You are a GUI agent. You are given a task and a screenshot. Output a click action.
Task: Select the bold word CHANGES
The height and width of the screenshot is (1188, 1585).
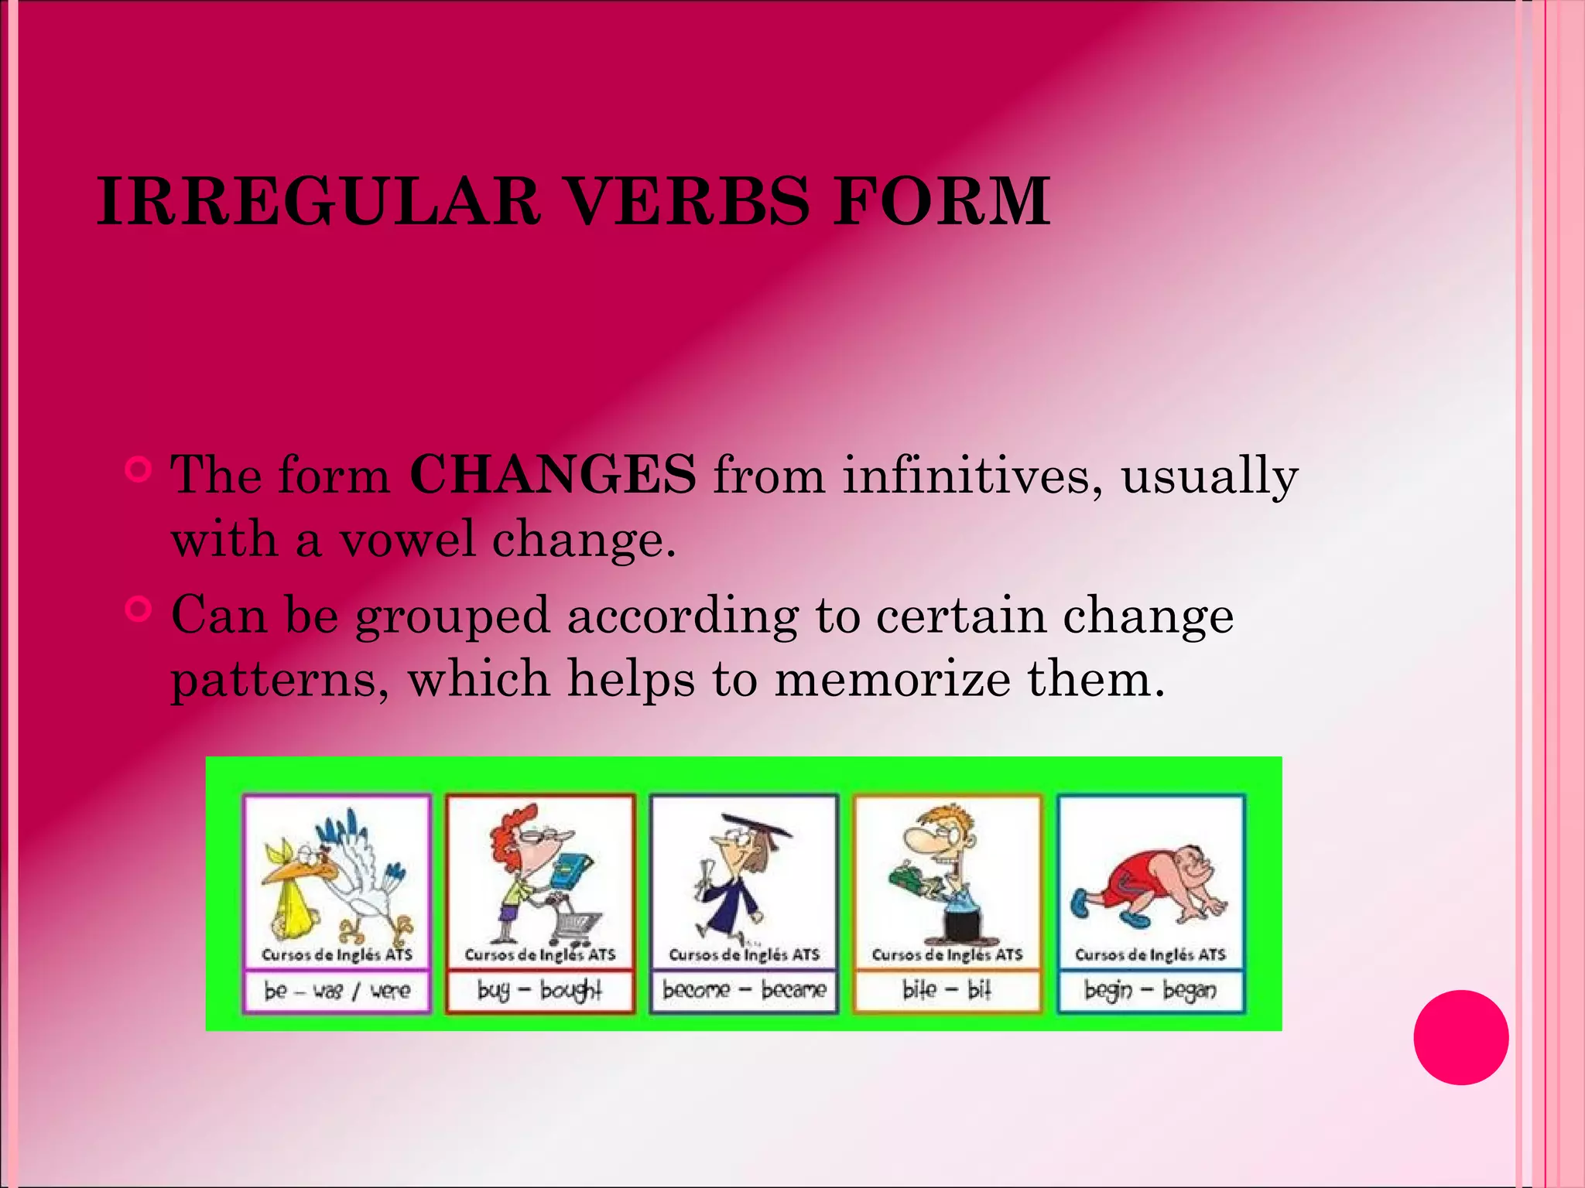[x=553, y=474]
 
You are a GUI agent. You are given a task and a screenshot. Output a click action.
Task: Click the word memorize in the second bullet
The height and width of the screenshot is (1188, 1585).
[x=892, y=678]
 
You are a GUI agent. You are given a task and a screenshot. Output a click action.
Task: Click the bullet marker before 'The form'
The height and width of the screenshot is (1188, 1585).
[x=139, y=469]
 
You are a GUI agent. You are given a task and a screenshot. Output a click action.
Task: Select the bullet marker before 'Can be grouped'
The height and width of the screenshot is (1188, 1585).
[x=139, y=609]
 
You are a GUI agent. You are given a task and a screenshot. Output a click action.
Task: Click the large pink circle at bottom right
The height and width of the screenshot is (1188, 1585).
[x=1460, y=1037]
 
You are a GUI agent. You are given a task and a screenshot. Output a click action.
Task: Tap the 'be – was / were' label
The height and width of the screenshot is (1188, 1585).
[x=337, y=991]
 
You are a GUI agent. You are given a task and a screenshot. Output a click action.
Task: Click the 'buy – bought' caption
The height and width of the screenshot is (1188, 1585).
[x=539, y=991]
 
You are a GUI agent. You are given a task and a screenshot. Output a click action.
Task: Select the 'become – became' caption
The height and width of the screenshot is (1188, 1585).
[x=744, y=990]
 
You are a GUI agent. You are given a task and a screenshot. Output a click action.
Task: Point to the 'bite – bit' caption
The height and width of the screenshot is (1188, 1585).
[x=947, y=990]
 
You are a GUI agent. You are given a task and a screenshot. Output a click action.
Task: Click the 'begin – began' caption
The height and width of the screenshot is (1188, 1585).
[x=1150, y=990]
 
